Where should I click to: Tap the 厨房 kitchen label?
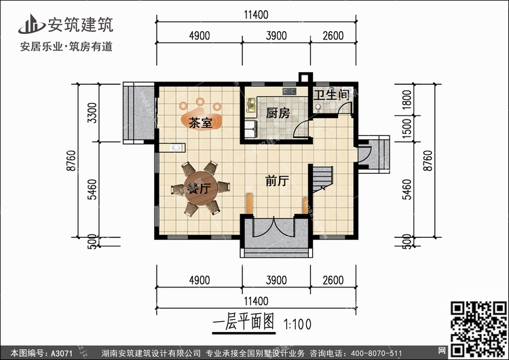point(278,113)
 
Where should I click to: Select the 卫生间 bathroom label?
point(332,96)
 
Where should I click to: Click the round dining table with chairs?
point(198,188)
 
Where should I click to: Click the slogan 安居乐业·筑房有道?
point(66,48)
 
